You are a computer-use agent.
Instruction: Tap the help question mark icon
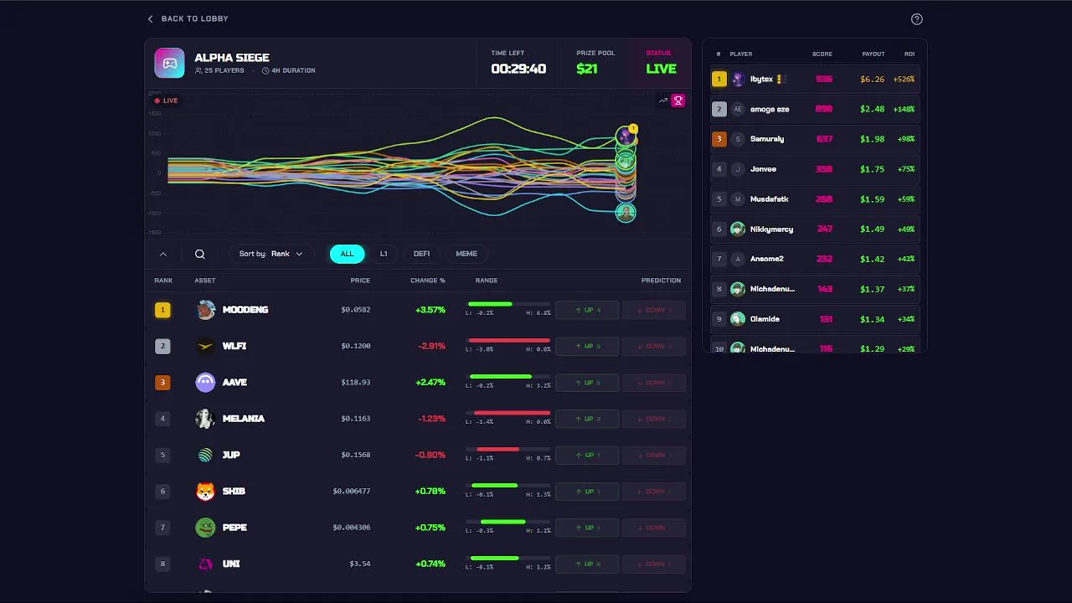(x=916, y=19)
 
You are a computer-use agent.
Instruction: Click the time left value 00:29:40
(x=518, y=69)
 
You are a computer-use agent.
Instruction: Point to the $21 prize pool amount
(x=587, y=69)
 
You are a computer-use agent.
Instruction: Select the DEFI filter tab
(x=421, y=254)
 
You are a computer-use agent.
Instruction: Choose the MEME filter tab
(x=466, y=254)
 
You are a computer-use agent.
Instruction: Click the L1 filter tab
(x=384, y=254)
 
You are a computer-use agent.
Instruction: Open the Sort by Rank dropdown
(x=271, y=254)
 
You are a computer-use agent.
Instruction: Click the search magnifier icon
(x=200, y=254)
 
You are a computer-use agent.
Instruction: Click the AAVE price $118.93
(x=356, y=383)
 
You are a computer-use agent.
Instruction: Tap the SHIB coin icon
(x=205, y=492)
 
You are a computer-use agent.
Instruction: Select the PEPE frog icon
(x=205, y=528)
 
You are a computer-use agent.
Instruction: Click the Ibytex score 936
(x=824, y=80)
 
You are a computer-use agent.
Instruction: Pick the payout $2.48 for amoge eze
(x=872, y=109)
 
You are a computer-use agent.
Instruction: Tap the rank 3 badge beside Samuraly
(x=719, y=139)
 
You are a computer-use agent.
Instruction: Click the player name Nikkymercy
(x=771, y=229)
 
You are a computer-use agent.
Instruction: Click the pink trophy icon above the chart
(x=678, y=100)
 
